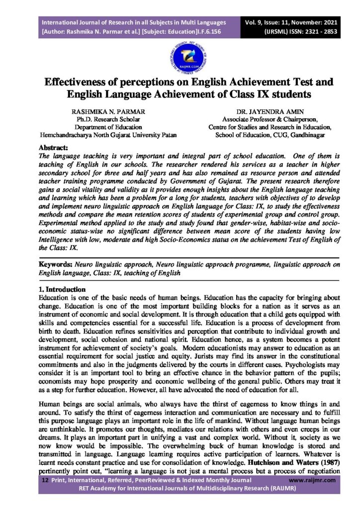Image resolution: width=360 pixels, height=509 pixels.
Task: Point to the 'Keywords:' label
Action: tap(56, 264)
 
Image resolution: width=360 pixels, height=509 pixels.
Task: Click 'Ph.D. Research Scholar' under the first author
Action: tap(101, 120)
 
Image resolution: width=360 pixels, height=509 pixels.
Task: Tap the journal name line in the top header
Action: tap(134, 22)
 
